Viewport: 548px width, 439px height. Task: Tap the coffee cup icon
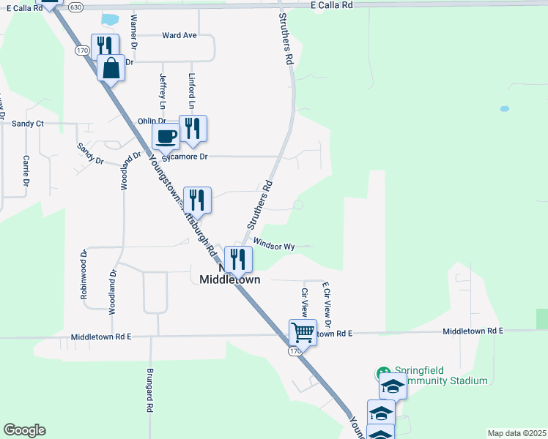[x=166, y=135]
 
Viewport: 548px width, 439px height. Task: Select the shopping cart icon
[x=303, y=332]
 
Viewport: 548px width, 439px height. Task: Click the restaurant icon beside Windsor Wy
[x=238, y=258]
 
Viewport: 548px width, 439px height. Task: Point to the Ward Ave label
[x=179, y=35]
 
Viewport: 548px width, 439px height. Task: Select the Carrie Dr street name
[x=25, y=170]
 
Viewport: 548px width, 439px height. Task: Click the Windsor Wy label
[x=274, y=246]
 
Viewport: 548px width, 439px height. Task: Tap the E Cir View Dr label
[x=327, y=304]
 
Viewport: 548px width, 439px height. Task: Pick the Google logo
[x=24, y=430]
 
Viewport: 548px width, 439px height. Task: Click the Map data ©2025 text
[x=516, y=433]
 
